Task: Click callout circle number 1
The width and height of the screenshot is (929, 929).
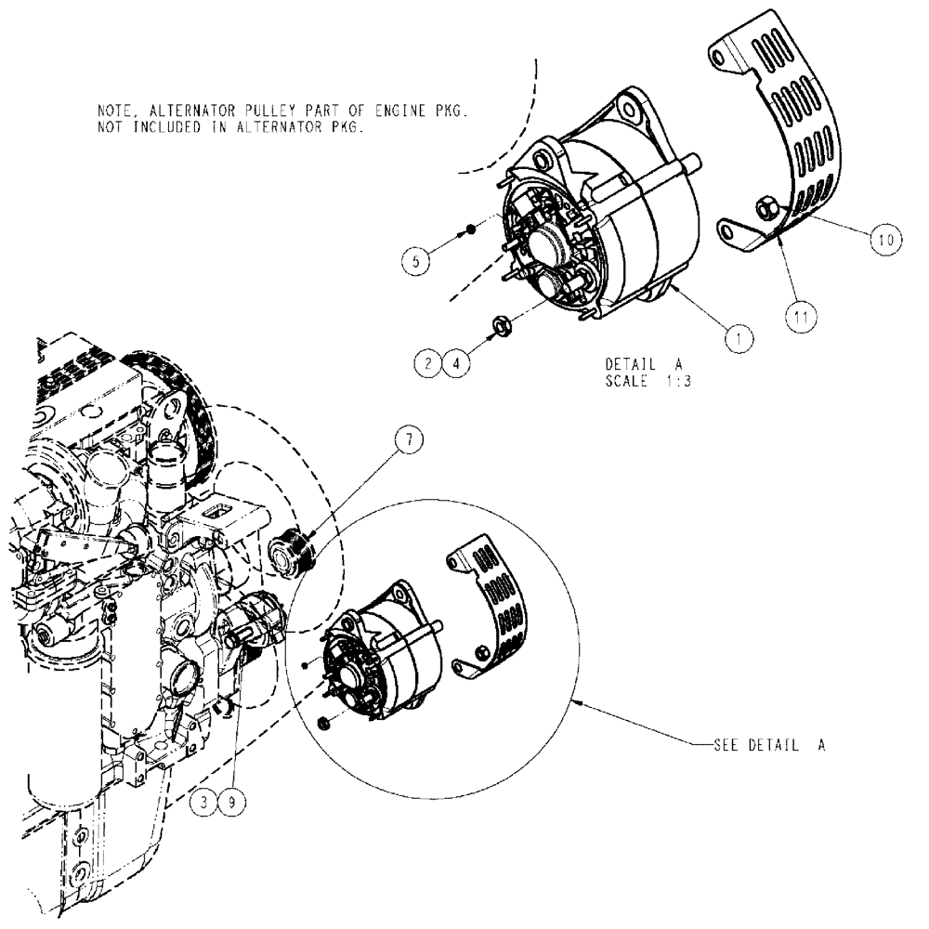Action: (739, 340)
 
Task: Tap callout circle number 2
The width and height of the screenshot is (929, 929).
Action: (427, 362)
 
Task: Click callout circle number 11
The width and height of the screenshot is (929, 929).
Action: (801, 316)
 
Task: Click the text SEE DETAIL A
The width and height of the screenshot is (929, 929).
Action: (769, 745)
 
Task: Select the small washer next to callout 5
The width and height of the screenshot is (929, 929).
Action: (472, 229)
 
